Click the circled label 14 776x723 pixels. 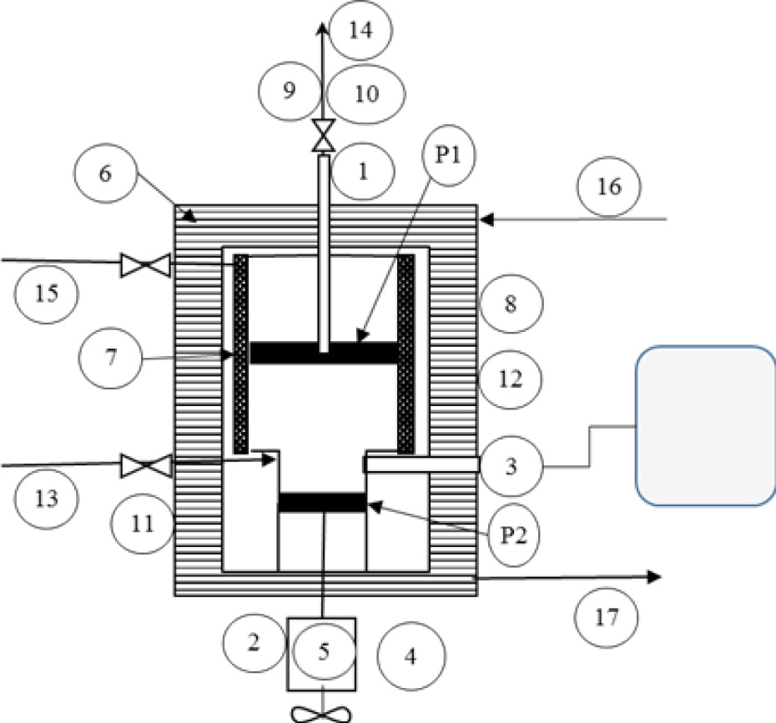[359, 32]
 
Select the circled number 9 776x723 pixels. [290, 91]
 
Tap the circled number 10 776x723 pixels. [365, 93]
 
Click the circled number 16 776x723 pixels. [609, 187]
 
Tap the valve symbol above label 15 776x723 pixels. [144, 267]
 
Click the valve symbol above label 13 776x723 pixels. [144, 464]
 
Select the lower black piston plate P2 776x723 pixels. [322, 502]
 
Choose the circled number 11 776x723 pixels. [143, 525]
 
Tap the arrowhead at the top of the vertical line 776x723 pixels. [323, 29]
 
